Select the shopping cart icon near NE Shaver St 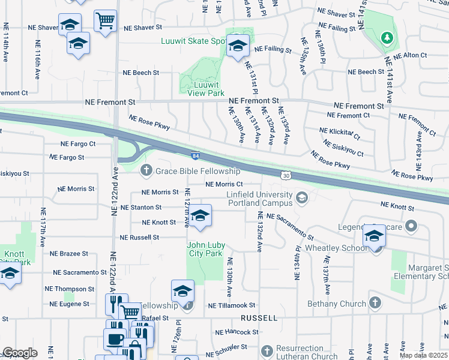tap(105, 21)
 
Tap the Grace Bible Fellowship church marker tap(145, 172)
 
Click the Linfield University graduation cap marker tap(301, 197)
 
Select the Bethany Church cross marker tap(375, 304)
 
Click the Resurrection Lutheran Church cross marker tap(266, 349)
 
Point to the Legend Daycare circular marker tap(411, 226)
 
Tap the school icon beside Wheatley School tap(374, 237)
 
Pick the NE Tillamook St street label tap(232, 306)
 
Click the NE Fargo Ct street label tap(78, 144)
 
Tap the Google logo tap(20, 353)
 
